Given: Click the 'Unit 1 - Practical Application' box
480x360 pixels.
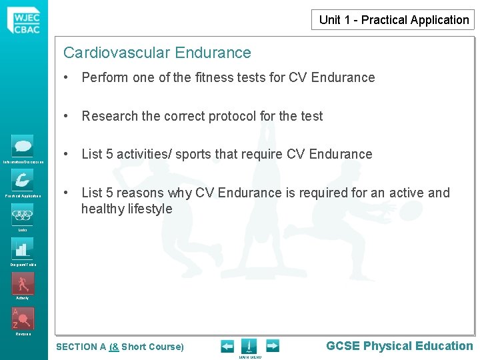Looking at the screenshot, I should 394,20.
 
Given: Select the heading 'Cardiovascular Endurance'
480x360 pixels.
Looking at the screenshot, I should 157,53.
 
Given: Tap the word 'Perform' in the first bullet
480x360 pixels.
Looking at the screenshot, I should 105,77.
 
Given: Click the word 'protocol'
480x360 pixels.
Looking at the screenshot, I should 232,116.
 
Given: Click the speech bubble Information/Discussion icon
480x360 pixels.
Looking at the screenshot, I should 23,146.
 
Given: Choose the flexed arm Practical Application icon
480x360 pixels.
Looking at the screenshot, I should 23,180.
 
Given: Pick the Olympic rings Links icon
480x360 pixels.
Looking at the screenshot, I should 23,215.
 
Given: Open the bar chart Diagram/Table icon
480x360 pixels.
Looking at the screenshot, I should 23,249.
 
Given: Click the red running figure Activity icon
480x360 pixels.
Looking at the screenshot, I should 23,283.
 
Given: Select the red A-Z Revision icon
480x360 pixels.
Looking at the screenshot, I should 23,317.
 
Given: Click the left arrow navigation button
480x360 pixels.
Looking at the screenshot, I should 227,346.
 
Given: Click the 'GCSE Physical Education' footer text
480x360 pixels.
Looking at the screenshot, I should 399,345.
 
